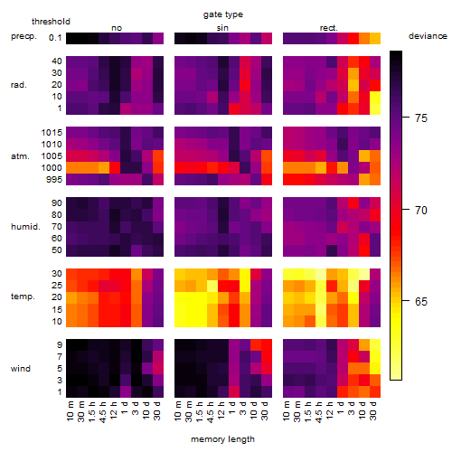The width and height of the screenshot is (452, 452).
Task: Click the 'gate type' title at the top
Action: click(x=223, y=14)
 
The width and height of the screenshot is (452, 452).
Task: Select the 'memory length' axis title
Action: click(x=222, y=439)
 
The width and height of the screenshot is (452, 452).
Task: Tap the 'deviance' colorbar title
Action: click(x=428, y=36)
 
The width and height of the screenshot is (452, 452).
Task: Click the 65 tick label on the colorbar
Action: click(x=421, y=301)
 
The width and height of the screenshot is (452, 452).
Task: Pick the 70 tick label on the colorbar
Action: click(x=421, y=210)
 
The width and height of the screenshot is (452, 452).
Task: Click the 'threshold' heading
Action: click(x=51, y=22)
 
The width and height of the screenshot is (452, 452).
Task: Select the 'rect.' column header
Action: click(x=329, y=28)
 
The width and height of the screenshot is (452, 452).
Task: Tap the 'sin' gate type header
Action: click(x=222, y=28)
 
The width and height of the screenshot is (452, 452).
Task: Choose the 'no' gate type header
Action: click(x=117, y=28)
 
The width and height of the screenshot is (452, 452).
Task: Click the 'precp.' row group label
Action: click(x=24, y=36)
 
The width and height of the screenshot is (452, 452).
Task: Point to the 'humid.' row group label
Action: click(x=25, y=227)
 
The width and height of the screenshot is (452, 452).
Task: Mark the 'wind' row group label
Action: click(x=21, y=369)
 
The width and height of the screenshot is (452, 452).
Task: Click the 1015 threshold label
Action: click(x=52, y=133)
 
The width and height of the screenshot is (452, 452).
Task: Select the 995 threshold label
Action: click(x=54, y=180)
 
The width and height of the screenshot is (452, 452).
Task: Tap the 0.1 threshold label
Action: click(x=55, y=38)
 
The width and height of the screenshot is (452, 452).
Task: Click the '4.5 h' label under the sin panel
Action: click(x=211, y=412)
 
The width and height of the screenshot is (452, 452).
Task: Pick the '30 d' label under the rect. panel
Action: click(x=373, y=410)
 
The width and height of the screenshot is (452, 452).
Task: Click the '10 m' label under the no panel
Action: click(x=70, y=411)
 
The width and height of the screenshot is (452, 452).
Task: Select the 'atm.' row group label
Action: click(x=20, y=156)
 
